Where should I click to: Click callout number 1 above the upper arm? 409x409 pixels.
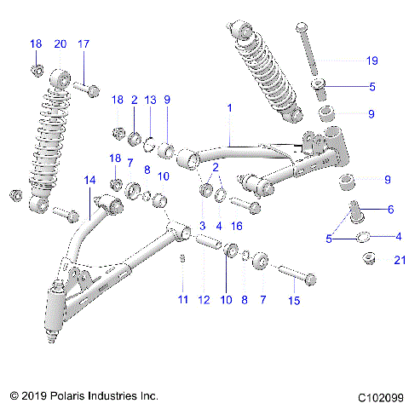click(x=229, y=109)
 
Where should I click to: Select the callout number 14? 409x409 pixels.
click(x=91, y=181)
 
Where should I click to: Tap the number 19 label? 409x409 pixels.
click(x=371, y=60)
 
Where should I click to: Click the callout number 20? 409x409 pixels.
click(x=60, y=43)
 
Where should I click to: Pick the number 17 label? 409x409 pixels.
click(x=84, y=43)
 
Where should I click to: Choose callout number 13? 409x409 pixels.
click(x=150, y=100)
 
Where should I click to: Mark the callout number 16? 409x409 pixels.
click(x=238, y=226)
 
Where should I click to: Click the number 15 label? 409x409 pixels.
click(x=296, y=301)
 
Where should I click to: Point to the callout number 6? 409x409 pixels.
click(x=391, y=209)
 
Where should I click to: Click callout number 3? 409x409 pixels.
click(x=201, y=226)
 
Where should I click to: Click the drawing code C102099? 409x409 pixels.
click(x=379, y=396)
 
